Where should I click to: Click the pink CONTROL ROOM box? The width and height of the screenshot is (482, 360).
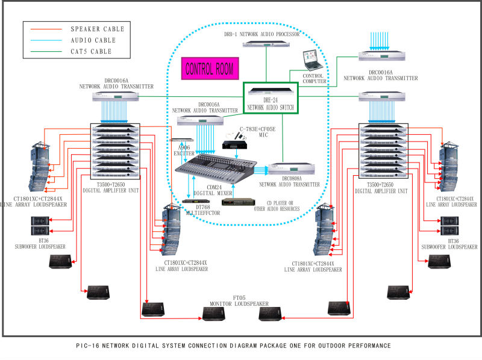click(210, 68)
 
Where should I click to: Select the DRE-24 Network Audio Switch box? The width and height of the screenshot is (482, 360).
click(270, 98)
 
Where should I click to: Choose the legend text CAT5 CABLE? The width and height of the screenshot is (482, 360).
click(92, 52)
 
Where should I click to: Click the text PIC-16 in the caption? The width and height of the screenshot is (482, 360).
click(89, 346)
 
